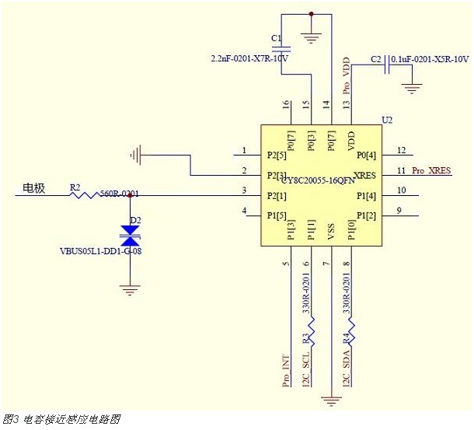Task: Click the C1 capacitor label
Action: pos(276,37)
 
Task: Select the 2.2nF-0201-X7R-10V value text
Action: pos(249,58)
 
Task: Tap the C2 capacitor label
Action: pos(376,59)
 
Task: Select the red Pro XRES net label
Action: pos(431,170)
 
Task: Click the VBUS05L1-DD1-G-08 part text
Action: pos(100,252)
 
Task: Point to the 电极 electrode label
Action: pos(33,187)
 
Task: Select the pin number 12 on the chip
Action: pos(401,150)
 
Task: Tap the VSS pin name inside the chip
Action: pos(331,230)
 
